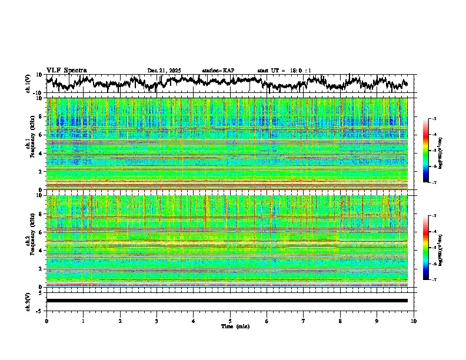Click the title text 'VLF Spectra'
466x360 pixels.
(x=66, y=70)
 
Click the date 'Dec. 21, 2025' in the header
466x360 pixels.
(x=164, y=71)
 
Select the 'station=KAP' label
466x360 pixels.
(x=218, y=71)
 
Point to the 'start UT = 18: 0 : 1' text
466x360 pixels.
(x=284, y=71)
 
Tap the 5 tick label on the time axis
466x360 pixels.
(x=230, y=321)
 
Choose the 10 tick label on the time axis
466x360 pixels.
(x=414, y=321)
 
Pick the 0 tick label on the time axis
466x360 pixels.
(x=46, y=321)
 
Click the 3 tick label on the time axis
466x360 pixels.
(x=157, y=321)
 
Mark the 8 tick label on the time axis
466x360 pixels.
(x=340, y=321)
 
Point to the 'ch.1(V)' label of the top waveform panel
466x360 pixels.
(x=28, y=84)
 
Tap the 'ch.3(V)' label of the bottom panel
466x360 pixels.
(x=28, y=301)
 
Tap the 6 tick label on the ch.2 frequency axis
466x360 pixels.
(x=41, y=232)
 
